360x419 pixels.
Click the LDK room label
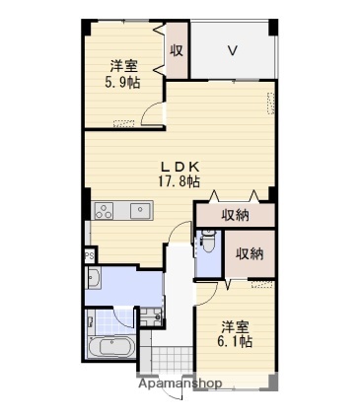pyautogui.click(x=180, y=168)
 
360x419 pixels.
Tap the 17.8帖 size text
pyautogui.click(x=180, y=181)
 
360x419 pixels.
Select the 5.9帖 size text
pyautogui.click(x=122, y=82)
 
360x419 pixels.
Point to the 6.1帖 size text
pyautogui.click(x=235, y=342)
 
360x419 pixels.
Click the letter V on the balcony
pyautogui.click(x=233, y=51)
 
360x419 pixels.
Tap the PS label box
pyautogui.click(x=90, y=255)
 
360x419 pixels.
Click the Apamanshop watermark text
pyautogui.click(x=180, y=384)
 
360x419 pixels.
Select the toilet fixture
pyautogui.click(x=208, y=241)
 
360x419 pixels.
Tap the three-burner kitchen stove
pyautogui.click(x=104, y=211)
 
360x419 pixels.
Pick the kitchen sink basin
pyautogui.click(x=140, y=211)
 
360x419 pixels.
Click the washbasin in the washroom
pyautogui.click(x=93, y=278)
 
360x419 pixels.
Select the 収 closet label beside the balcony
pyautogui.click(x=177, y=50)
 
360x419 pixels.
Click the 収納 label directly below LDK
pyautogui.click(x=235, y=215)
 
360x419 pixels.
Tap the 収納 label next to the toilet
pyautogui.click(x=250, y=253)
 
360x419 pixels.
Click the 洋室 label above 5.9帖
pyautogui.click(x=123, y=66)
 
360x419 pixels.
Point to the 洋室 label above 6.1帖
pyautogui.click(x=235, y=326)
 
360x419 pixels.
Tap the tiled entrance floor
pyautogui.click(x=172, y=359)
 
